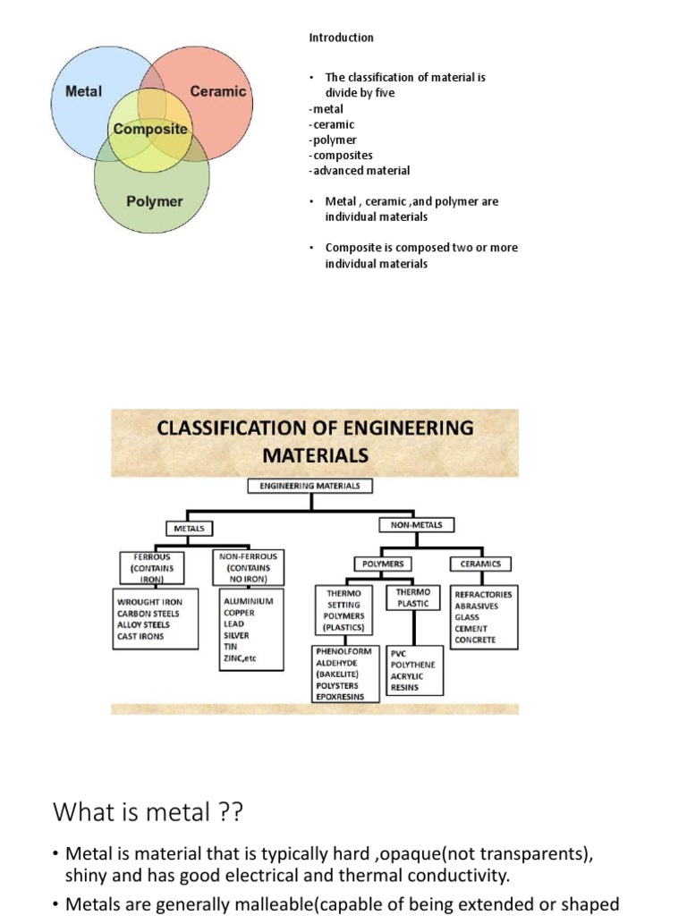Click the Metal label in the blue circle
pyautogui.click(x=84, y=91)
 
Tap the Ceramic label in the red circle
pyautogui.click(x=218, y=91)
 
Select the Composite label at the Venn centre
pyautogui.click(x=151, y=129)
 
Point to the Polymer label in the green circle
pyautogui.click(x=154, y=201)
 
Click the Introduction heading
pyautogui.click(x=341, y=38)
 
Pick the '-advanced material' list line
pyautogui.click(x=360, y=171)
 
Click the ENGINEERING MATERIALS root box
pyautogui.click(x=310, y=486)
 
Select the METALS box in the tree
pyautogui.click(x=189, y=529)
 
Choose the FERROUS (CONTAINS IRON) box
pyautogui.click(x=151, y=567)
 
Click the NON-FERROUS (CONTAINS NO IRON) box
pyautogui.click(x=250, y=567)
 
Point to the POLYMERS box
pyautogui.click(x=384, y=564)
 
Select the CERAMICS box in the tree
pyautogui.click(x=480, y=564)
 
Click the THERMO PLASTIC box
pyautogui.click(x=412, y=598)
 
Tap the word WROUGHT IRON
pyautogui.click(x=148, y=602)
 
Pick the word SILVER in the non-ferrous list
pyautogui.click(x=236, y=635)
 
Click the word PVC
pyautogui.click(x=398, y=654)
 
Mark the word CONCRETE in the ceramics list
pyautogui.click(x=475, y=640)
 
